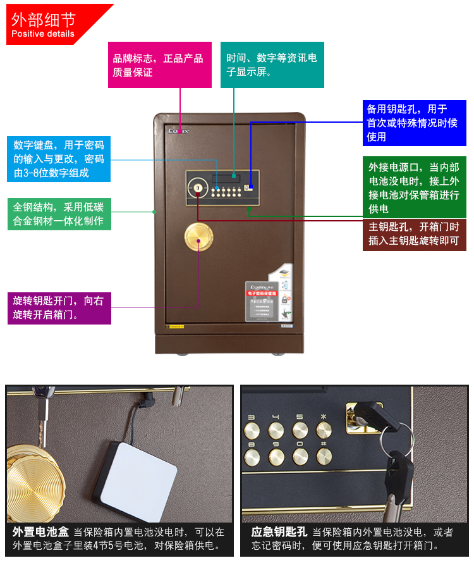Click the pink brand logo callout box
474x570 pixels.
158,65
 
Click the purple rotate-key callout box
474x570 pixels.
59,307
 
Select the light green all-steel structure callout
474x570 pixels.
59,214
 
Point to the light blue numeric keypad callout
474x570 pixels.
59,159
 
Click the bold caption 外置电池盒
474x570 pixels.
40,532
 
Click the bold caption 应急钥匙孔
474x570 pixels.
279,532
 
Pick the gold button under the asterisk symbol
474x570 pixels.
324,431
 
